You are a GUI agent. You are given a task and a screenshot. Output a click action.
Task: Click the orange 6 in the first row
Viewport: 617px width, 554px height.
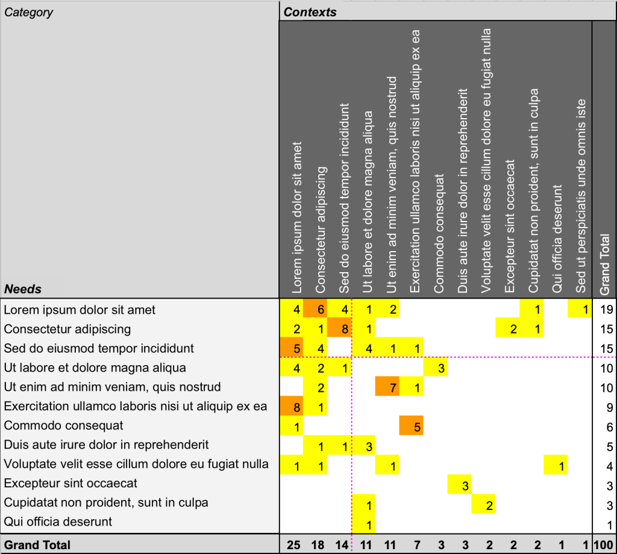315,309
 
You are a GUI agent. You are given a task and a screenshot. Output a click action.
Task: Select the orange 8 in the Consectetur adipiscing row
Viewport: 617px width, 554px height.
339,328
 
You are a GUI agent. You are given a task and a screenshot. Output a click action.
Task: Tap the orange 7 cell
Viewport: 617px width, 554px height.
387,387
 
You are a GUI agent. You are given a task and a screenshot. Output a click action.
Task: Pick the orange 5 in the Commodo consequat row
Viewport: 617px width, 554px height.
411,425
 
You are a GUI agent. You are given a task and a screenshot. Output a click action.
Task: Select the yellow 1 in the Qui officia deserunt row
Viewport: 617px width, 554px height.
363,524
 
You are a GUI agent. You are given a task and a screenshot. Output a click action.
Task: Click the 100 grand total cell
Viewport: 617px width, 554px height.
604,545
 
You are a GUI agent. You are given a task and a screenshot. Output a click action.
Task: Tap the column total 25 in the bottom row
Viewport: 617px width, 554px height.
293,545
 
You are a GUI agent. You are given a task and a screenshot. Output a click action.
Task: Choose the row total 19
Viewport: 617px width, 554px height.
607,310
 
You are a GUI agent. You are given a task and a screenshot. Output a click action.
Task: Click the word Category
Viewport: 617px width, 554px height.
28,13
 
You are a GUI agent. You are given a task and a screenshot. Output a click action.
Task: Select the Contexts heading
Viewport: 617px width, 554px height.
310,12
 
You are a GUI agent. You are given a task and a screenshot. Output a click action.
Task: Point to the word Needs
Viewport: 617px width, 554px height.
23,289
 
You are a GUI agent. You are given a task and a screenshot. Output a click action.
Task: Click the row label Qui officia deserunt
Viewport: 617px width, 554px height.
58,521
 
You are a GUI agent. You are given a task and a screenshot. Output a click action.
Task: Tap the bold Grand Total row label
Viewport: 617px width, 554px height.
37,545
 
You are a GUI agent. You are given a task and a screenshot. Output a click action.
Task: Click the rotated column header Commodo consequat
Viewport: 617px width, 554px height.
439,234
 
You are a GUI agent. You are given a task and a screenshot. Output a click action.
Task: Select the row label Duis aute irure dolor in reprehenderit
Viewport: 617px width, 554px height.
106,444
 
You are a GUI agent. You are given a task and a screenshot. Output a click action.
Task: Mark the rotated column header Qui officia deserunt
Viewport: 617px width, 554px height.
557,239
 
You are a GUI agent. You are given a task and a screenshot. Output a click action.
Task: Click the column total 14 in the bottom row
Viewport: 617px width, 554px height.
342,545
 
